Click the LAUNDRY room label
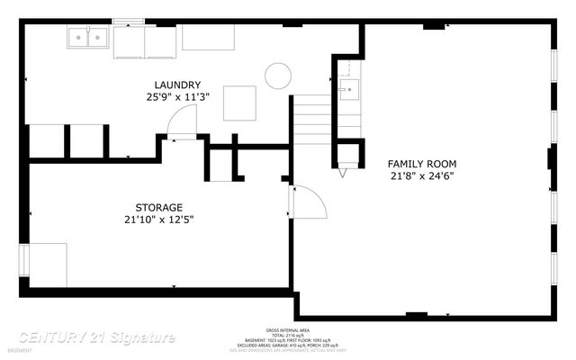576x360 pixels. coord(176,85)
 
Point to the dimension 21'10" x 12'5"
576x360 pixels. coord(159,219)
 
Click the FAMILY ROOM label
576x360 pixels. coord(422,163)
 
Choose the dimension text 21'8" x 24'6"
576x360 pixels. coord(422,175)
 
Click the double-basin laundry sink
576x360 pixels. coord(88,37)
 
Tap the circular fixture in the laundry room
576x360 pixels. coord(278,75)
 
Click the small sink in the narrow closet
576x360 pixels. coord(348,90)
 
